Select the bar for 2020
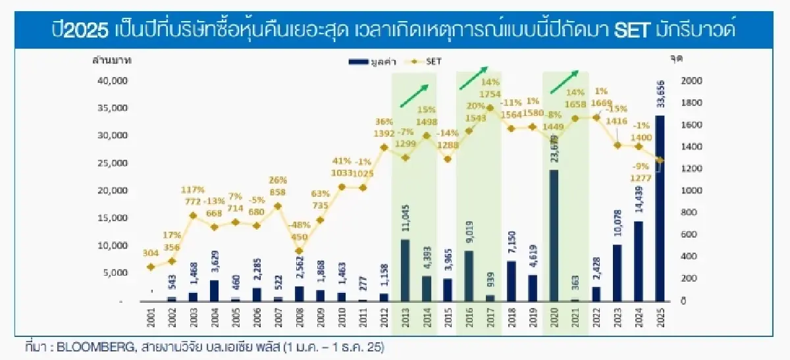(554, 236)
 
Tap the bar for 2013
(404, 270)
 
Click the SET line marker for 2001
(151, 267)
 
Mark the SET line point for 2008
(299, 251)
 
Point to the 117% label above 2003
(194, 191)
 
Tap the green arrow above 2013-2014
(417, 95)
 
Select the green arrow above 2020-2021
(565, 82)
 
